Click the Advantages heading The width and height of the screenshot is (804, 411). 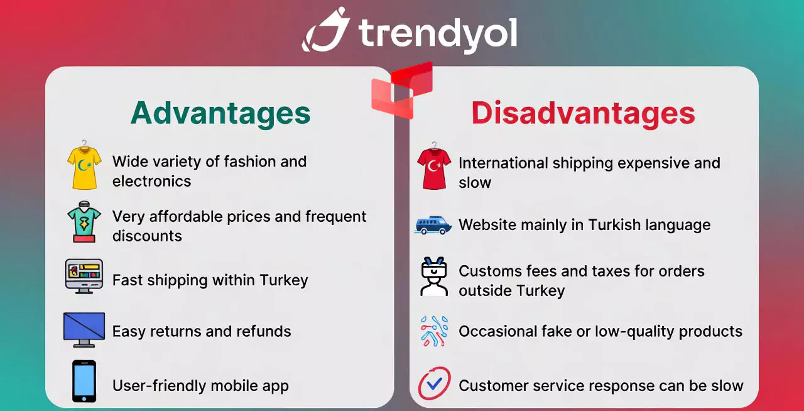click(x=220, y=114)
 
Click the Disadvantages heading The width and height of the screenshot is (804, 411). click(x=584, y=114)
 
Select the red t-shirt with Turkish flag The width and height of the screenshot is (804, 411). click(x=434, y=166)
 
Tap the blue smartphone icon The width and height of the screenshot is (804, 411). click(x=84, y=381)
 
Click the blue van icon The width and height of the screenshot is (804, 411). click(x=433, y=225)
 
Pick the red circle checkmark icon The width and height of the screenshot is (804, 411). click(x=434, y=383)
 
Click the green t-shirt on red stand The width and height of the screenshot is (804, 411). click(x=84, y=222)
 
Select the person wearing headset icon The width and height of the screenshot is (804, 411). click(x=434, y=277)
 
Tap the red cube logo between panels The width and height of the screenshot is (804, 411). click(x=402, y=90)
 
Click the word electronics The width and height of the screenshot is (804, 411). click(x=151, y=181)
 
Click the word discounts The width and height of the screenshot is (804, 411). click(x=147, y=236)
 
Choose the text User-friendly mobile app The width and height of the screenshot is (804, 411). click(x=200, y=386)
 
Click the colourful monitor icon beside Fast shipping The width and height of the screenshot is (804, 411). click(x=84, y=277)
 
